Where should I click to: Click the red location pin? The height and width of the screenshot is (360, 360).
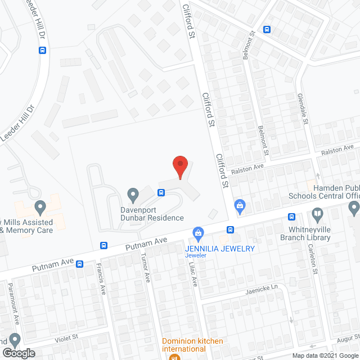click(179, 166)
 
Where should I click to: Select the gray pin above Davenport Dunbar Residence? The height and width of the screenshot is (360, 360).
click(133, 195)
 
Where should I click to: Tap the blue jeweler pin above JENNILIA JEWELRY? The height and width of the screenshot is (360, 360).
click(198, 232)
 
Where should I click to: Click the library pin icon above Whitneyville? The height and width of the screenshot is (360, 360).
click(317, 214)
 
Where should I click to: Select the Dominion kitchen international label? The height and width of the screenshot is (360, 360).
click(193, 345)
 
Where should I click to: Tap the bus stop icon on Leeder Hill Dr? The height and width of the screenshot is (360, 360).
click(43, 49)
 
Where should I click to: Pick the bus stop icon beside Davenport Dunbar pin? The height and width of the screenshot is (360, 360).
click(161, 193)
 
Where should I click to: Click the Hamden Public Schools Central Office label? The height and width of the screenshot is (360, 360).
click(332, 192)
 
